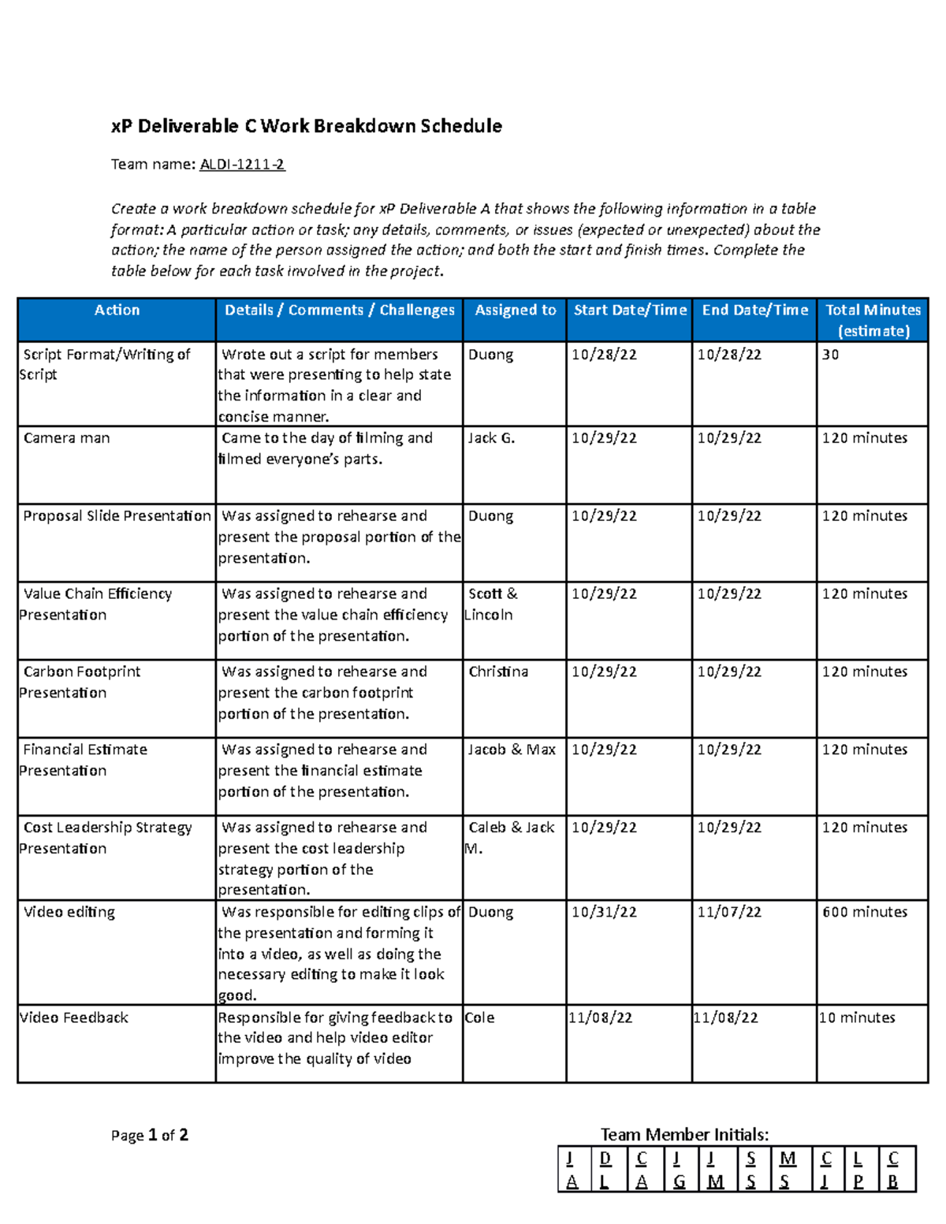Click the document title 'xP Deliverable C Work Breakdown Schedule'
pyautogui.click(x=306, y=126)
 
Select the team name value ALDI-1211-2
pyautogui.click(x=242, y=164)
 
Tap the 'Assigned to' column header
pyautogui.click(x=515, y=311)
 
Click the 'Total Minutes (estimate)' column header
pyautogui.click(x=873, y=320)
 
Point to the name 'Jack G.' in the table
pyautogui.click(x=491, y=438)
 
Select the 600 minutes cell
pyautogui.click(x=864, y=912)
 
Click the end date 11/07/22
pyautogui.click(x=729, y=912)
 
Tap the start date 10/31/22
pyautogui.click(x=604, y=912)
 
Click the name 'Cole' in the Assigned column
pyautogui.click(x=480, y=1018)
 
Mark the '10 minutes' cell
pyautogui.click(x=857, y=1018)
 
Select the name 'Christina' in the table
pyautogui.click(x=498, y=672)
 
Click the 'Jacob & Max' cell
pyautogui.click(x=512, y=750)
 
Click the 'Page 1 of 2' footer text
pyautogui.click(x=150, y=1135)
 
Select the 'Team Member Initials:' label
pyautogui.click(x=684, y=1134)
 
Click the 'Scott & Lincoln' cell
pyautogui.click(x=491, y=604)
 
